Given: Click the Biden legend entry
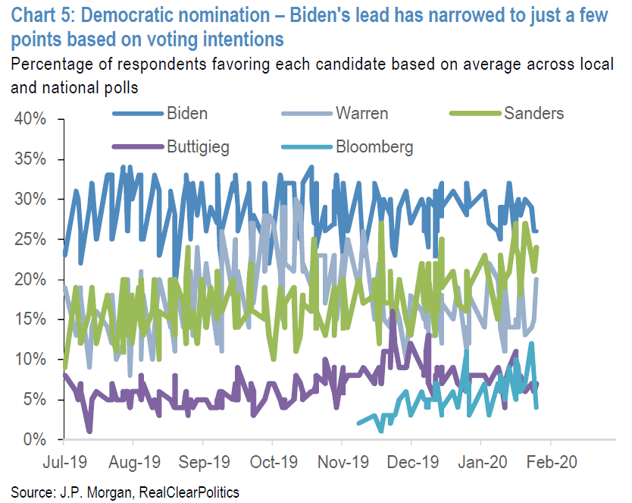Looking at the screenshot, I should point(187,114).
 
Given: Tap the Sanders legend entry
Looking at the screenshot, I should point(533,114).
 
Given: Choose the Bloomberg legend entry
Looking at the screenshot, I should point(374,146).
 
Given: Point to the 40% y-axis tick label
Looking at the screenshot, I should point(30,120).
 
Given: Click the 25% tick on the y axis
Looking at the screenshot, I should point(30,240).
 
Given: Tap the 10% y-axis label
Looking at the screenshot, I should point(30,360).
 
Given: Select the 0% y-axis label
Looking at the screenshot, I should point(36,440).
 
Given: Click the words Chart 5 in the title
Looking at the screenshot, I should point(38,13).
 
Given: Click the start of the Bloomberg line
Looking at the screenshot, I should point(357,423).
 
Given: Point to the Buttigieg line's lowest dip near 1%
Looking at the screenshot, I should point(89,431).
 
